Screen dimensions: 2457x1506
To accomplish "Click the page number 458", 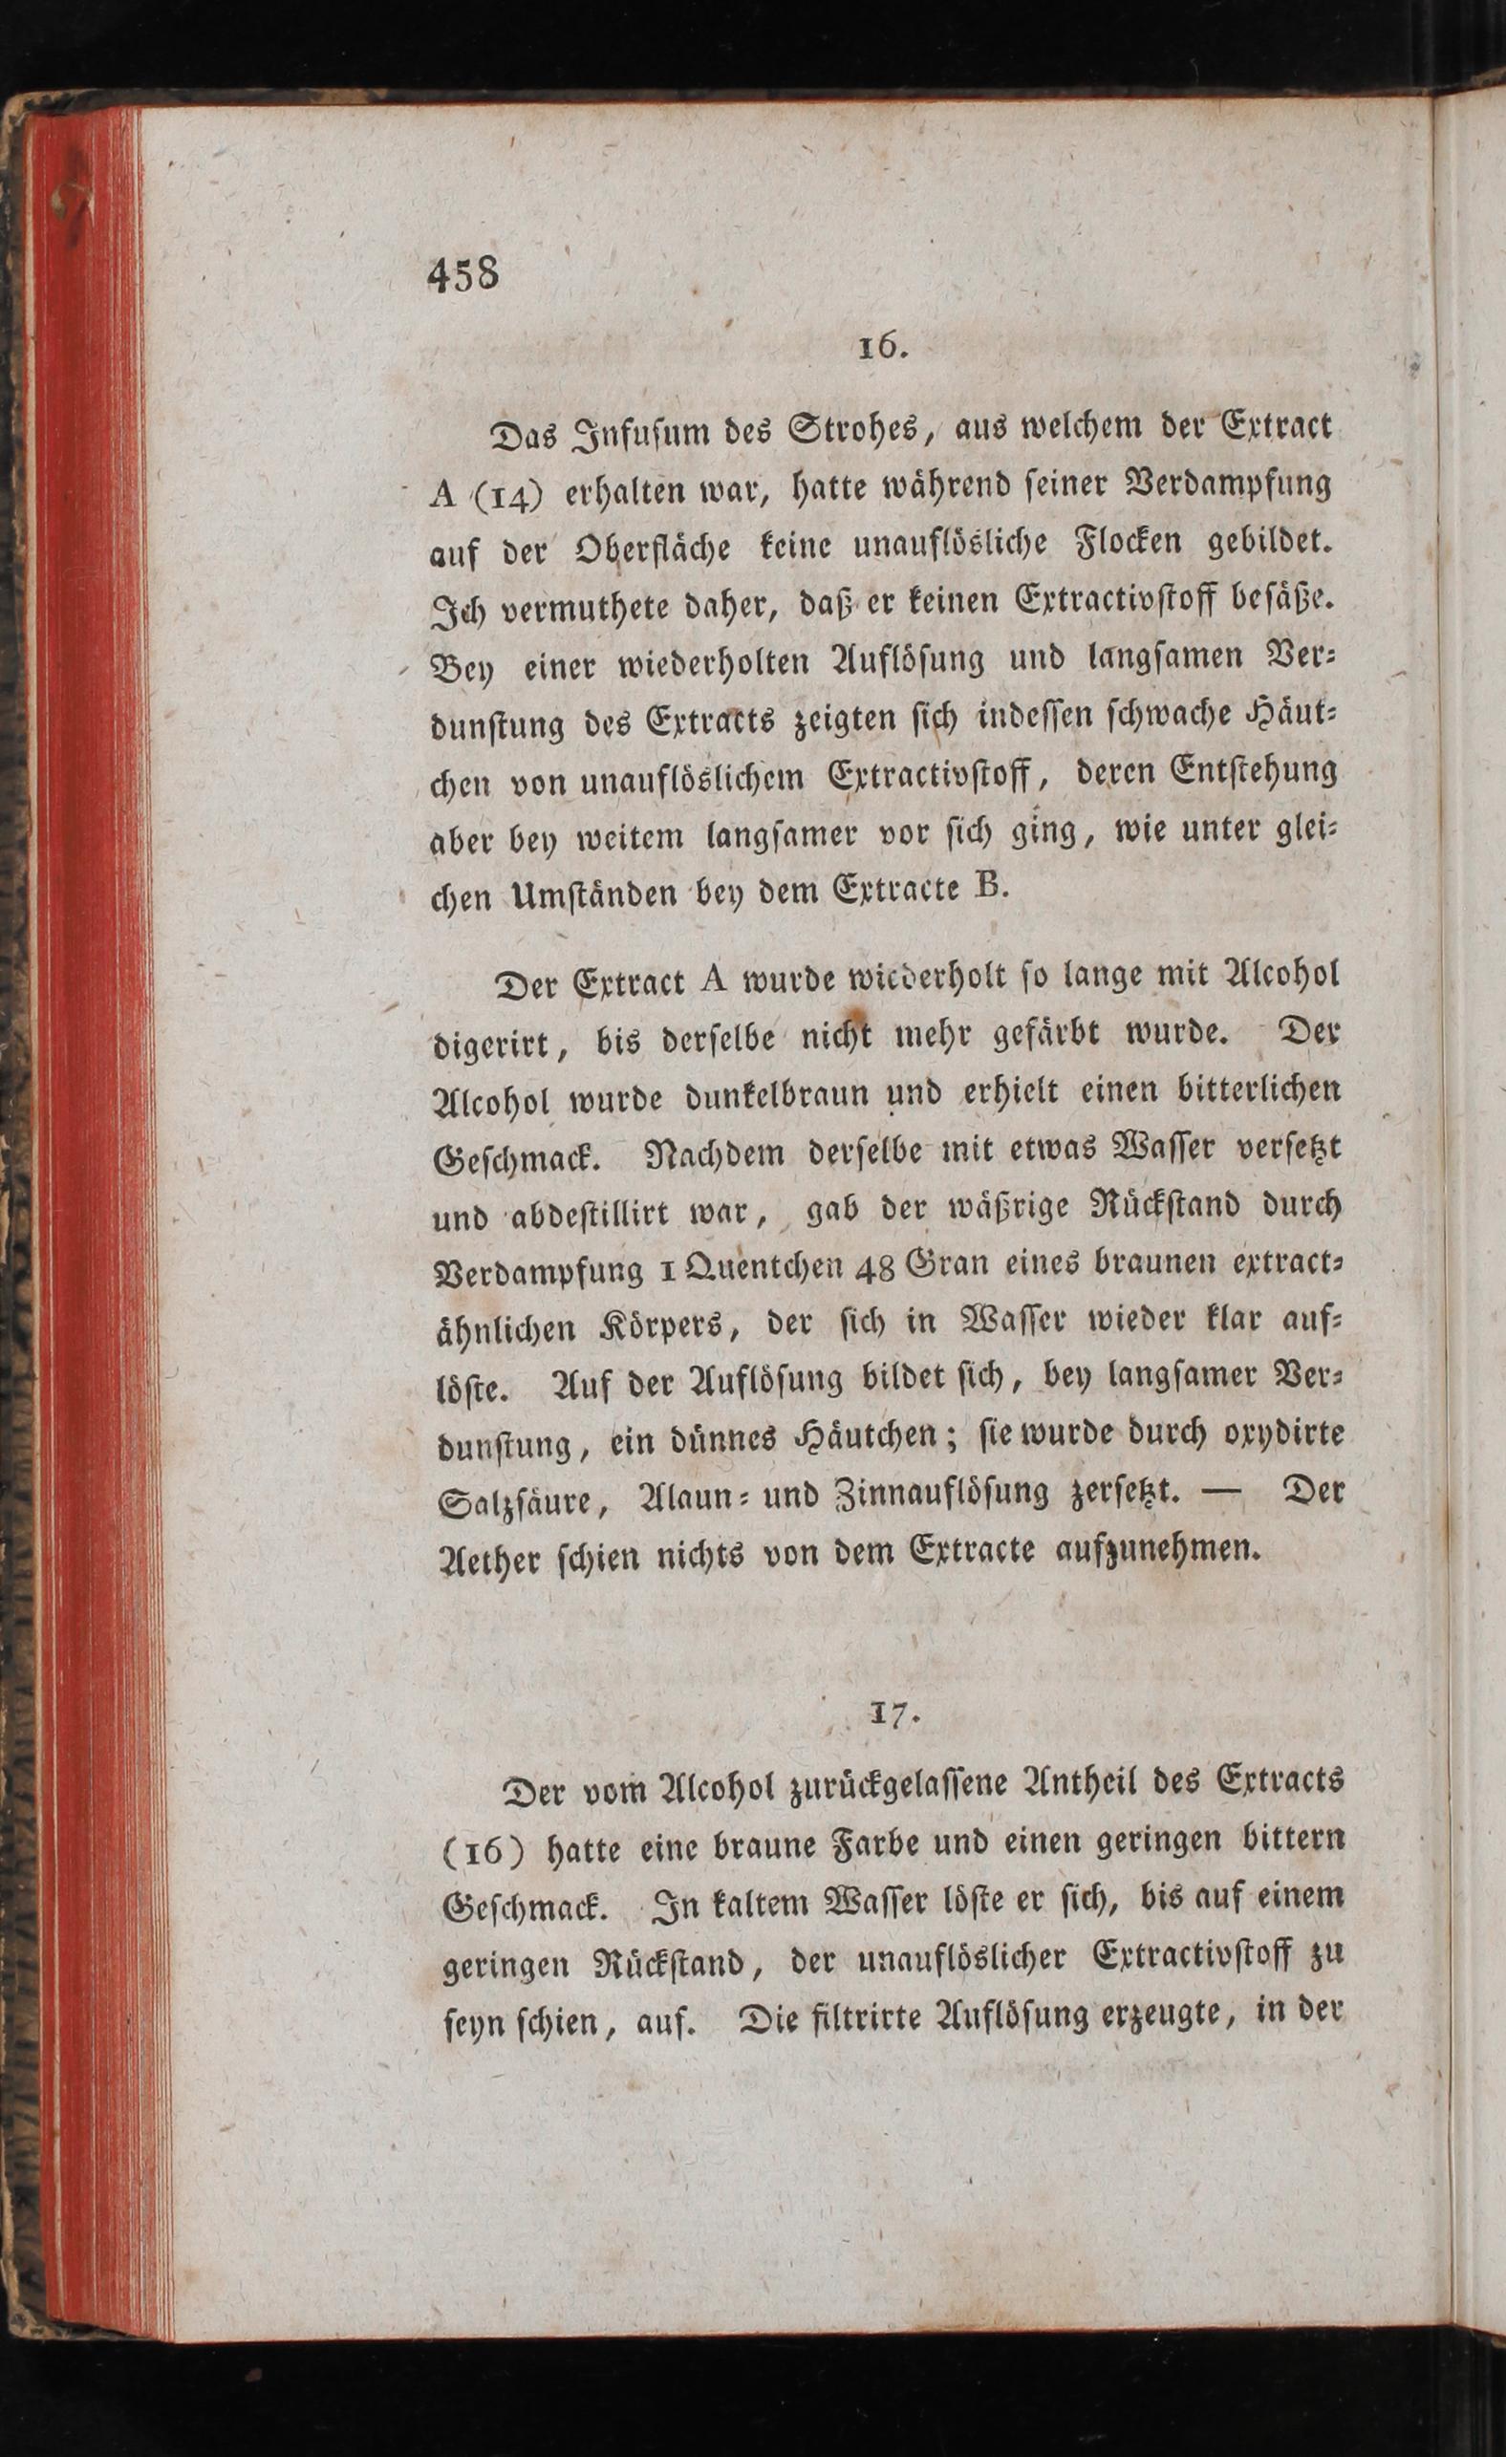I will (x=463, y=273).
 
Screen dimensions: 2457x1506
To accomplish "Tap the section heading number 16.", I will (x=881, y=349).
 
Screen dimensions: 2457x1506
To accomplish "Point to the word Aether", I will (x=499, y=1557).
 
